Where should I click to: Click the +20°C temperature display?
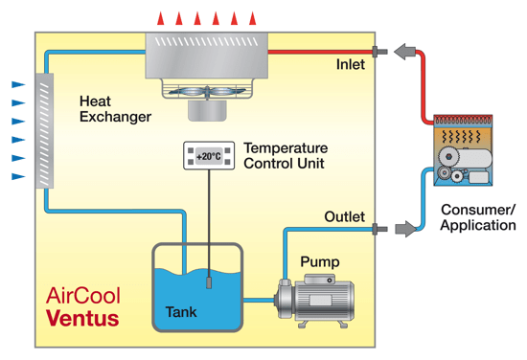click(208, 156)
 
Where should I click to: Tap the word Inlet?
click(350, 65)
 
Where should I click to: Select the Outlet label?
click(345, 217)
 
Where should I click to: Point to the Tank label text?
click(181, 312)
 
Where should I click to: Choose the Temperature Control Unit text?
click(286, 156)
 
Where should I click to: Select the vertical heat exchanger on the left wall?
click(43, 130)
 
